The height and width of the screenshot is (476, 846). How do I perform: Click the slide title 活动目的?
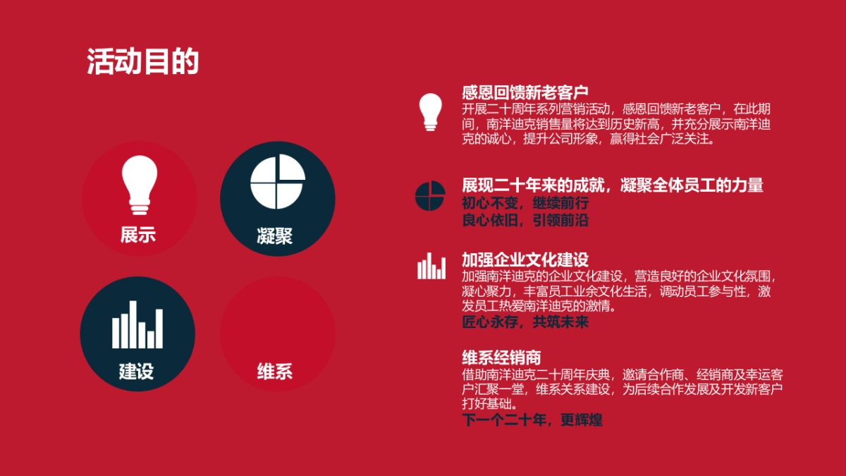point(142,62)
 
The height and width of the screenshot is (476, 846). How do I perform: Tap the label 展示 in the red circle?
point(138,235)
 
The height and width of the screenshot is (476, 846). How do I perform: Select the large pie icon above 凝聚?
point(278,182)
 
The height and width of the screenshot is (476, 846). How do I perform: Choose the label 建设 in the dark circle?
point(136,371)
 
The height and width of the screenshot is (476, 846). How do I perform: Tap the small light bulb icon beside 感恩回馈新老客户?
point(430,111)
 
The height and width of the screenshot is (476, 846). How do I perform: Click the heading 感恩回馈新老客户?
point(525,92)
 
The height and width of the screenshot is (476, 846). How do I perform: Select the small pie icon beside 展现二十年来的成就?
point(430,196)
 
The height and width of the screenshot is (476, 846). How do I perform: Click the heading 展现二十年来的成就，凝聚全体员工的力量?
point(613,185)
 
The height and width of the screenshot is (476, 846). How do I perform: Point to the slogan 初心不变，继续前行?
point(525,203)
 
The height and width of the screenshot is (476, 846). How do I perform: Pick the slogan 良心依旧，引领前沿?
point(525,220)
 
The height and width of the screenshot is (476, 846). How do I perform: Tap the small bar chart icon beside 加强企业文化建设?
point(431,266)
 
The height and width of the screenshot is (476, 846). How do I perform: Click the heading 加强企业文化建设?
point(525,260)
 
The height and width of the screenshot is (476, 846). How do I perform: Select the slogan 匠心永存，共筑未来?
point(525,322)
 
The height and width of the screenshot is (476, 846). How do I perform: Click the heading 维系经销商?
point(501,357)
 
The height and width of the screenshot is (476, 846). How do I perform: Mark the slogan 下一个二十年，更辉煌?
point(532,420)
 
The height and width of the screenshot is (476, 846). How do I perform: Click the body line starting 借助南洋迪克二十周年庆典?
point(623,374)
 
